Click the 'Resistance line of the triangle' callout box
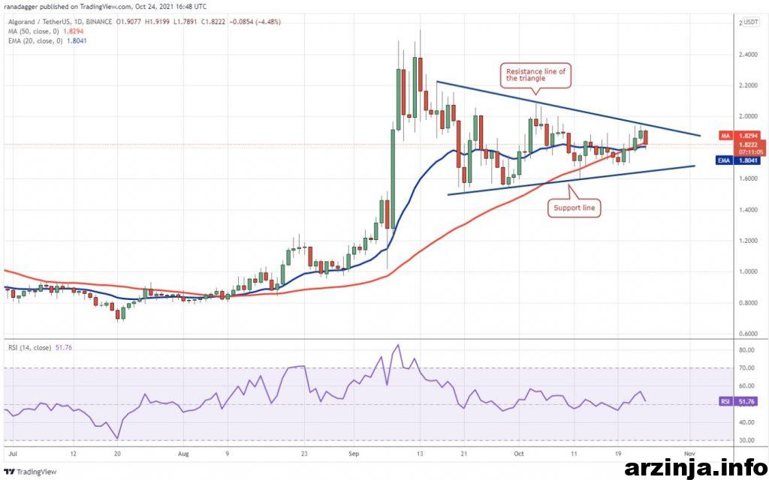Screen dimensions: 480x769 (535, 74)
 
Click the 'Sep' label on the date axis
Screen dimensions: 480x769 (354, 454)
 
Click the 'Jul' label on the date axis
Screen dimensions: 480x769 (12, 454)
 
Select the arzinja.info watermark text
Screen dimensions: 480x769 (693, 469)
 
